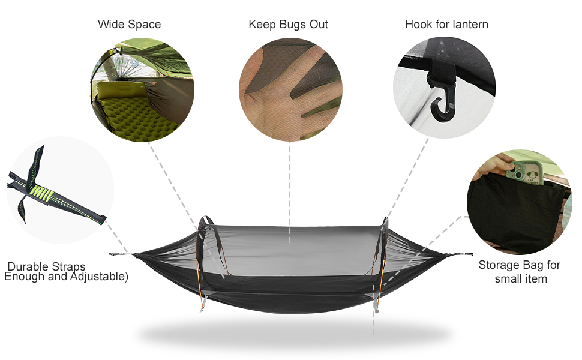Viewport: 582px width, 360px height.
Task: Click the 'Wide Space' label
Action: pos(129,25)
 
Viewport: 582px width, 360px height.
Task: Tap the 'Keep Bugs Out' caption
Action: pos(288,25)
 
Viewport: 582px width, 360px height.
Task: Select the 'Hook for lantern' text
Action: pos(446,25)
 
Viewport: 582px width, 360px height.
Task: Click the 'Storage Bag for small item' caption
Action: pos(520,272)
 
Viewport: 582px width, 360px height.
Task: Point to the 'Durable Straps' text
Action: pos(47,266)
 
